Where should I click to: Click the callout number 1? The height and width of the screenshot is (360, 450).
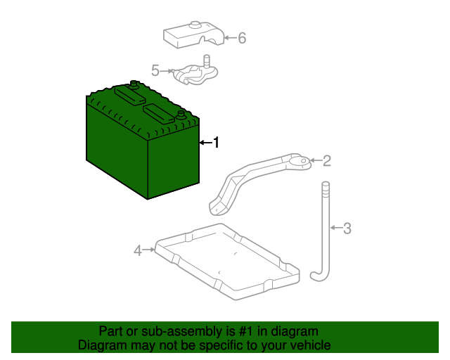click(x=216, y=143)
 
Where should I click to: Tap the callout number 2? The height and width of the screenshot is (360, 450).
click(x=327, y=161)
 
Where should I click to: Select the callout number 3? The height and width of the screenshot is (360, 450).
click(x=347, y=229)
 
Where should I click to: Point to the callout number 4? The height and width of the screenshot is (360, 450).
click(x=138, y=250)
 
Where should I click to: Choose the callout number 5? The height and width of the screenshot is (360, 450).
click(x=155, y=70)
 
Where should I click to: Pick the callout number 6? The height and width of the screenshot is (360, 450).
click(x=242, y=38)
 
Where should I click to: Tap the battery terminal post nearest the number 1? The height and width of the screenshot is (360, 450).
click(x=181, y=115)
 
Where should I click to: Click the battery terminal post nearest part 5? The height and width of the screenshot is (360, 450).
click(x=134, y=84)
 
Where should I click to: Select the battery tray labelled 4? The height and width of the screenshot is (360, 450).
click(x=227, y=262)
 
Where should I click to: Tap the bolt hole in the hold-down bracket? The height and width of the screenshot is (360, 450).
click(x=303, y=161)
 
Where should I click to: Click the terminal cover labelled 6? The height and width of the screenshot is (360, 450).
click(x=194, y=35)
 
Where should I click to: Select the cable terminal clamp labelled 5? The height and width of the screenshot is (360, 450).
click(x=195, y=73)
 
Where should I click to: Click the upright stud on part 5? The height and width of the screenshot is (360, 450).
click(x=207, y=61)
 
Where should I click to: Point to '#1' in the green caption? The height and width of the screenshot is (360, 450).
click(x=246, y=331)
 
